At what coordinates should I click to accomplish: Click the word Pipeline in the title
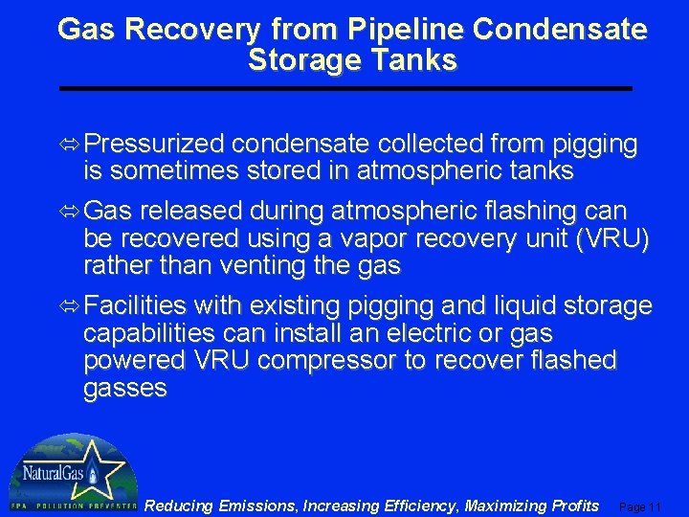click(x=410, y=30)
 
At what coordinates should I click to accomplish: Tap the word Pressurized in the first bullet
click(x=155, y=146)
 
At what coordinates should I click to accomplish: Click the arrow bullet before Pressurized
click(x=72, y=146)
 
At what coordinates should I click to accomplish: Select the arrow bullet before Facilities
click(x=72, y=306)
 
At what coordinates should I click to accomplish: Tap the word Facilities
click(x=136, y=306)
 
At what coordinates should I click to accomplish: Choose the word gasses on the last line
click(x=125, y=389)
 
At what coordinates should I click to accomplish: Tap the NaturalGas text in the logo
click(x=54, y=473)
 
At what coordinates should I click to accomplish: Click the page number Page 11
click(x=641, y=506)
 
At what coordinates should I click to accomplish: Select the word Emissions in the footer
click(x=256, y=506)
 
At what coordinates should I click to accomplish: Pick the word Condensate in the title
click(x=560, y=30)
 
